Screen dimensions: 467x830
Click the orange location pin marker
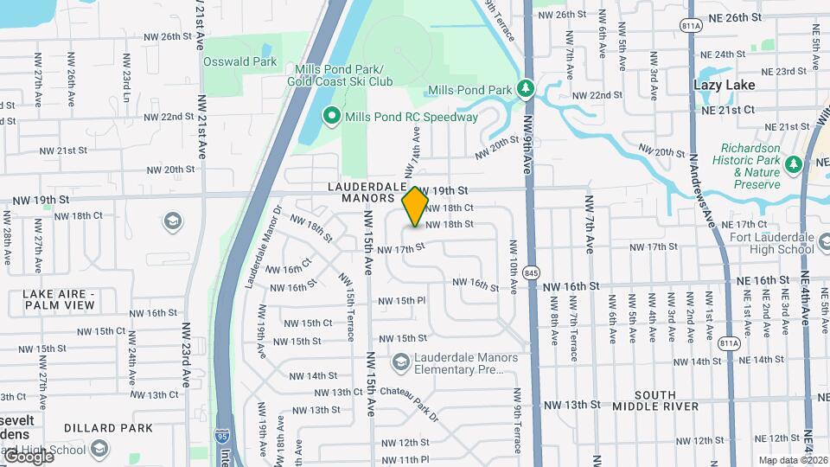tap(416, 207)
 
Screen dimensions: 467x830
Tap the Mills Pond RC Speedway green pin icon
tap(331, 116)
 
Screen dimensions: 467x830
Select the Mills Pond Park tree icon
tap(524, 89)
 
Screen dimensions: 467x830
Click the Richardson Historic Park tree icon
tap(794, 162)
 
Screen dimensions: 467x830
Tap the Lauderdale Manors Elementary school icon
tap(400, 360)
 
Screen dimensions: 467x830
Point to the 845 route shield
tap(531, 272)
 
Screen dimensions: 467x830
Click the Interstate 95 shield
tap(223, 438)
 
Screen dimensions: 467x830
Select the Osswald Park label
tap(240, 61)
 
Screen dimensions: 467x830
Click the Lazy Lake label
tap(725, 85)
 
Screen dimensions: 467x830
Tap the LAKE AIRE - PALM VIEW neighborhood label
tap(60, 299)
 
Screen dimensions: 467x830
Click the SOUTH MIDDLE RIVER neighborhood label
tap(656, 400)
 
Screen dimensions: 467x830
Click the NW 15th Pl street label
tap(401, 301)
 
